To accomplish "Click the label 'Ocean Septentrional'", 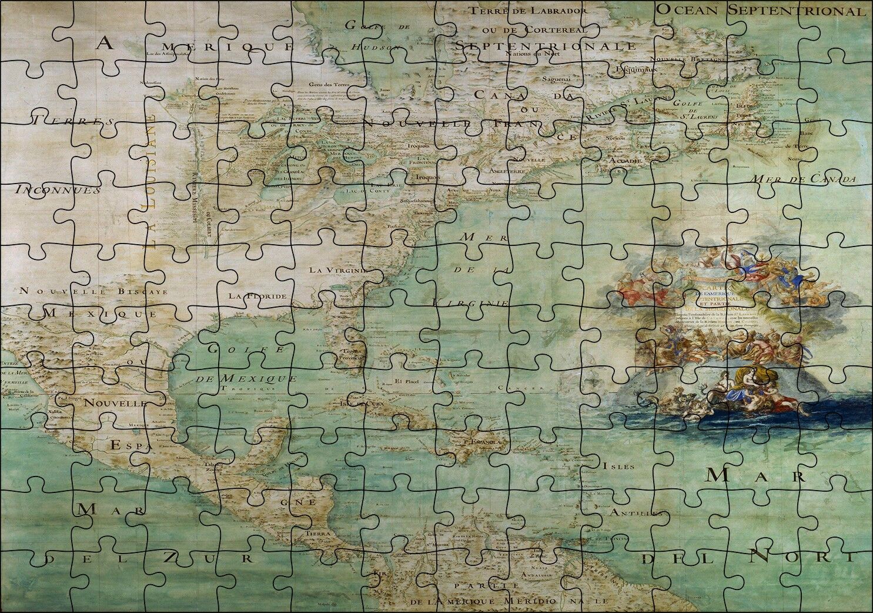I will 761,10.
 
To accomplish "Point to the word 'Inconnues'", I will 58,190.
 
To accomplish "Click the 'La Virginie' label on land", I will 339,271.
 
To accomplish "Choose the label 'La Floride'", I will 258,295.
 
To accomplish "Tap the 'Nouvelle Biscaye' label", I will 93,291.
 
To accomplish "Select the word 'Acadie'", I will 621,160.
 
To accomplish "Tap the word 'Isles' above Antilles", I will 618,467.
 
